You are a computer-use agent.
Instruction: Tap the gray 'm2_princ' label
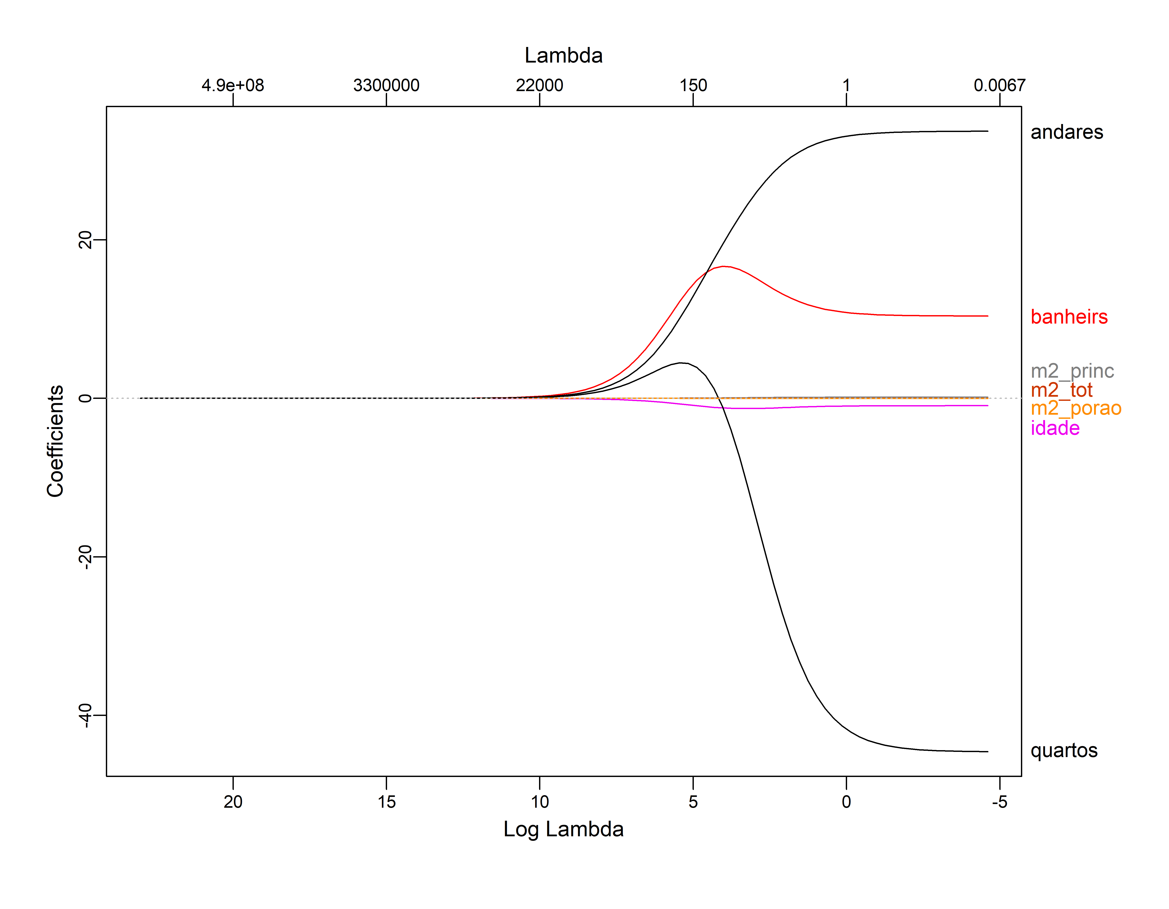click(x=1072, y=371)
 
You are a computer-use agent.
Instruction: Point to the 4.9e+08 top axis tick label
click(x=233, y=85)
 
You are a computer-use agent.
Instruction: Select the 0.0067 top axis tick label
click(x=999, y=85)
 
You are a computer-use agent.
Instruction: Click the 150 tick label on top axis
click(x=693, y=85)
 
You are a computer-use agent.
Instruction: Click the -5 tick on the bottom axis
click(x=999, y=801)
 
